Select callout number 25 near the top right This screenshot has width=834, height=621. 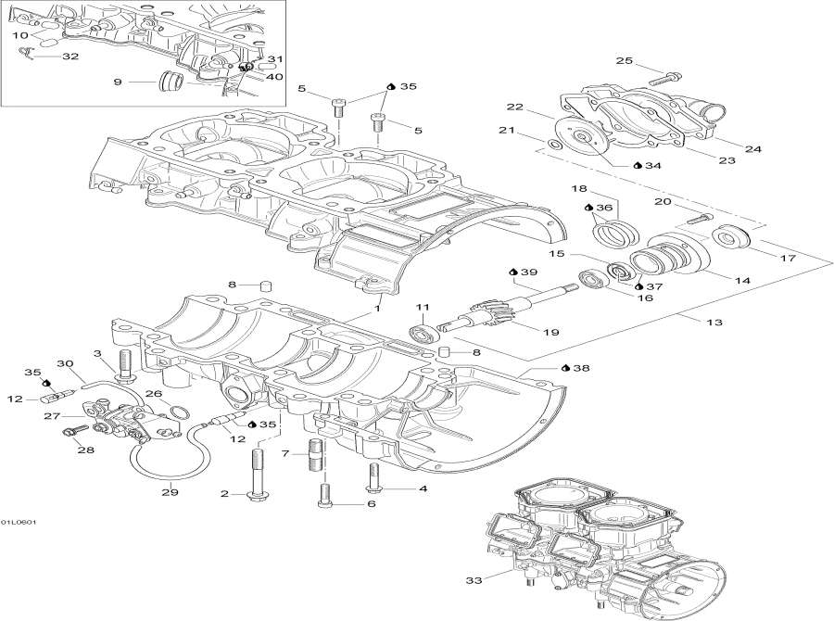624,61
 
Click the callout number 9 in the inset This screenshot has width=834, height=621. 118,82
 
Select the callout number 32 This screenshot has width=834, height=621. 70,57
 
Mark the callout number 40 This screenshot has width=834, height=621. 274,77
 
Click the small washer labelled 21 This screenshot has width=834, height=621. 552,146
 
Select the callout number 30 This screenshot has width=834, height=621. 65,362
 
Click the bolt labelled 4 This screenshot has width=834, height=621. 373,478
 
